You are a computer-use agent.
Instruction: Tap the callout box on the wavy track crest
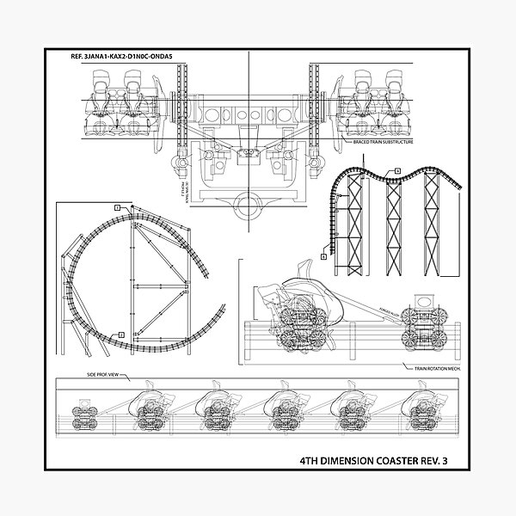click(398, 171)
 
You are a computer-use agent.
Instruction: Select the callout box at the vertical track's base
click(323, 256)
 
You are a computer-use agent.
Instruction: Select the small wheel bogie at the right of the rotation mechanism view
click(427, 323)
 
